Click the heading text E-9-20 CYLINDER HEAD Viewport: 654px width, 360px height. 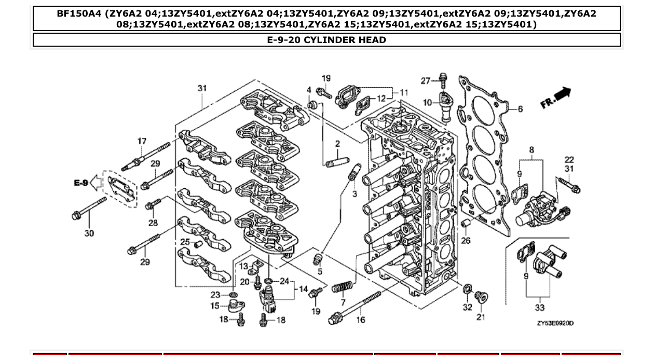(326, 40)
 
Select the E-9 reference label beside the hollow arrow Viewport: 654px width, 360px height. (80, 183)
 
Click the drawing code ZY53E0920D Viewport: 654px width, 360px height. (555, 323)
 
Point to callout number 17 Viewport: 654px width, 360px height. (142, 141)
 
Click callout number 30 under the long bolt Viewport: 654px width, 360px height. (89, 233)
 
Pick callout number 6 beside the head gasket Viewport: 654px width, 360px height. (520, 109)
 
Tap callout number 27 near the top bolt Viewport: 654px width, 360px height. (426, 80)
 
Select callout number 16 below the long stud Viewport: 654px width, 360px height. (360, 320)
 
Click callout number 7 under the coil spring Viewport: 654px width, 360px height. (343, 302)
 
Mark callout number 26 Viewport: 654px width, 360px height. (466, 240)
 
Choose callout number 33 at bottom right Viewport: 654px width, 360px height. (540, 308)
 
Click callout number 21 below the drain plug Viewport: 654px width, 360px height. (481, 317)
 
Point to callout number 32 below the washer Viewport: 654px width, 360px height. (467, 307)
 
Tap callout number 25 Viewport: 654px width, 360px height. (185, 242)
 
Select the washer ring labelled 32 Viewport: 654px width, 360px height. (467, 288)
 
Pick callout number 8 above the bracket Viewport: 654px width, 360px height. (531, 150)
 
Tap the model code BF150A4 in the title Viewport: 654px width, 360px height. (79, 14)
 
